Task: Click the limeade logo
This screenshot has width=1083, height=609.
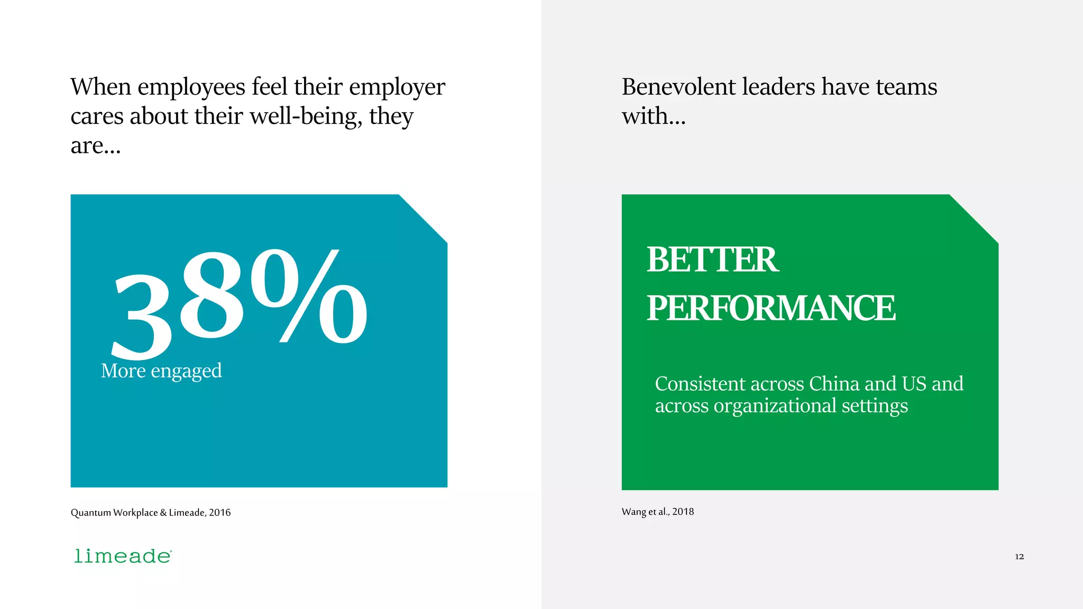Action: click(x=123, y=556)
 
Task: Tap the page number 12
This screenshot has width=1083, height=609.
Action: click(x=1019, y=556)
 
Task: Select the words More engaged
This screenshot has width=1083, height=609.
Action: click(x=161, y=371)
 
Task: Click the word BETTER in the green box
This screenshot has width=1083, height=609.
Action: click(x=712, y=260)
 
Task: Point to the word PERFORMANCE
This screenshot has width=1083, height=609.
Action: click(x=771, y=308)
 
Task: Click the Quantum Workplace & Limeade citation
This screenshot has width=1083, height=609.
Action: click(x=150, y=512)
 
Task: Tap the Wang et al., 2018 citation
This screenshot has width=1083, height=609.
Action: click(x=657, y=511)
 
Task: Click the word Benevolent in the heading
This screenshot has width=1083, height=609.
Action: click(x=678, y=87)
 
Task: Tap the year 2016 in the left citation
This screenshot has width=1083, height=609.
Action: click(x=219, y=512)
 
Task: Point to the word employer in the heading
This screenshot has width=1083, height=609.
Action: click(x=397, y=88)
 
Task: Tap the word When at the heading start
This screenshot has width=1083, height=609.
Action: click(x=100, y=87)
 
